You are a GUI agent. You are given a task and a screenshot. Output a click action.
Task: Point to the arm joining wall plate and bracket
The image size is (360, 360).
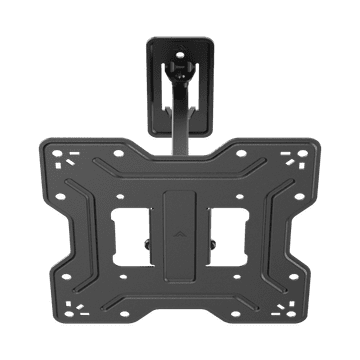click(x=181, y=125)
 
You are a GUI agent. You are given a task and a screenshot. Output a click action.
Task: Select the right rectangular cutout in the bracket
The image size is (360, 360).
click(x=228, y=229)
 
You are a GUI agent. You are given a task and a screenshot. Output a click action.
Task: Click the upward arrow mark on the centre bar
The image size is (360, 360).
click(x=181, y=228)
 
